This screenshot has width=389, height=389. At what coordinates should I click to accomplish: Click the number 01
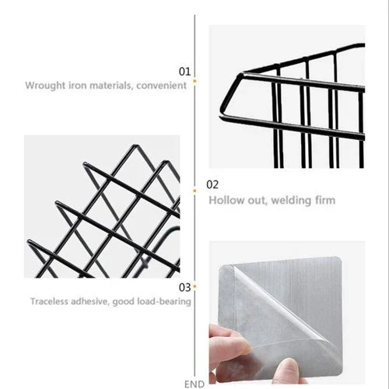(184, 72)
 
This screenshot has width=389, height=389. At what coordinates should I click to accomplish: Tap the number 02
(212, 184)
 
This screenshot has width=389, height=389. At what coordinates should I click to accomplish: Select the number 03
(184, 287)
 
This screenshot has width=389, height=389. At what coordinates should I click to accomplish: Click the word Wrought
(45, 86)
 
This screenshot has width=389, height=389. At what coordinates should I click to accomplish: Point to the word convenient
(161, 86)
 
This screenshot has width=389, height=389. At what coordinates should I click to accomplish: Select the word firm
(325, 200)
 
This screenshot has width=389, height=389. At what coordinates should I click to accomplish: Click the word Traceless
(50, 301)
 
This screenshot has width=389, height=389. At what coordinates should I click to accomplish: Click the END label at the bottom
(194, 384)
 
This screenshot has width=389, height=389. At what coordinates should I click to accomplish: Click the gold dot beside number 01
(194, 81)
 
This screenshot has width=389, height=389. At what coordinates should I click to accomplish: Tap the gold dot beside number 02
(194, 191)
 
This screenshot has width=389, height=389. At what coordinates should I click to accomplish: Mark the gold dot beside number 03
(194, 286)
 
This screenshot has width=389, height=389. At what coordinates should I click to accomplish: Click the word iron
(77, 86)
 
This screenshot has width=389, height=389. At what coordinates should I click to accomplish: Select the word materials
(112, 86)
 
